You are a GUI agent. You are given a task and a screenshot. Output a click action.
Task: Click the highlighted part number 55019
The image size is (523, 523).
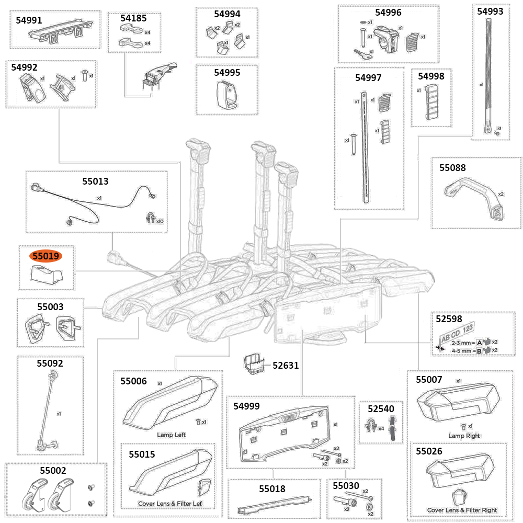point(46,256)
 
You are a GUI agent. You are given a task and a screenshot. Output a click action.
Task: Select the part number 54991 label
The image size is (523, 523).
point(30,20)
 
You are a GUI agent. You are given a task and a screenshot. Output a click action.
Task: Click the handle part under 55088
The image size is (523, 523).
point(473,197)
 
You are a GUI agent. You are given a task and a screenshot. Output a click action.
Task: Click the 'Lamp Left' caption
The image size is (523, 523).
point(171,435)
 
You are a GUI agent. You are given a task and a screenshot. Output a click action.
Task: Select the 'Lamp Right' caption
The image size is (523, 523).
point(464,436)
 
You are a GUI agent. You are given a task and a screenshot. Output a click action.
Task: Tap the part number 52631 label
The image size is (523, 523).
point(286,365)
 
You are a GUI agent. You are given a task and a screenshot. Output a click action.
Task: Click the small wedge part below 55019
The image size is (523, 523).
point(45,274)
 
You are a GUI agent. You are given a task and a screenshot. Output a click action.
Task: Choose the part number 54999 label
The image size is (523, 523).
point(247,406)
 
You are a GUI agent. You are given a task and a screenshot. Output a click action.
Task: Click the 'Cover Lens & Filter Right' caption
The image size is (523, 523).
point(462,510)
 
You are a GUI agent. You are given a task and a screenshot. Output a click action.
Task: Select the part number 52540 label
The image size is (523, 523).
point(380,408)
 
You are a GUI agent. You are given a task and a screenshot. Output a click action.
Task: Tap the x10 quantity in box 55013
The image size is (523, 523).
point(160,221)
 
